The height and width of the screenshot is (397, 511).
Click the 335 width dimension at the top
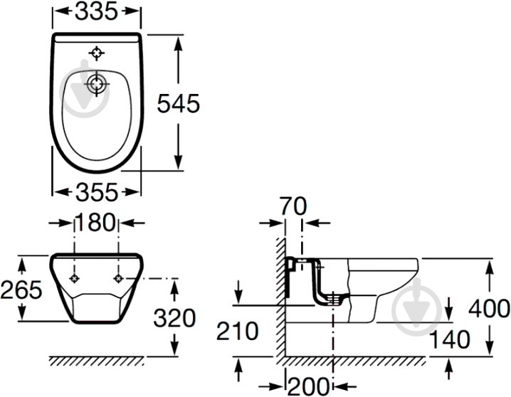click(x=96, y=11)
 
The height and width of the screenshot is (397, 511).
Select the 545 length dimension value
click(x=178, y=104)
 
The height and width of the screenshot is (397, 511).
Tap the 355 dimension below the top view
click(x=97, y=192)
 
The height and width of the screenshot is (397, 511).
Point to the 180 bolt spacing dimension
click(x=95, y=223)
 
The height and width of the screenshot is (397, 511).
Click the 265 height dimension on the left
click(x=21, y=289)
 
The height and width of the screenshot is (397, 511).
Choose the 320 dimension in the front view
click(x=174, y=318)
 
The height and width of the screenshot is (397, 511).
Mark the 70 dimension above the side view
click(x=294, y=206)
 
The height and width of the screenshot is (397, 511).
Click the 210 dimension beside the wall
click(x=237, y=331)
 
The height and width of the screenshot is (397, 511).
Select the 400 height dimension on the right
click(x=489, y=308)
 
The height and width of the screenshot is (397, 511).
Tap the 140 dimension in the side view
click(x=450, y=339)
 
